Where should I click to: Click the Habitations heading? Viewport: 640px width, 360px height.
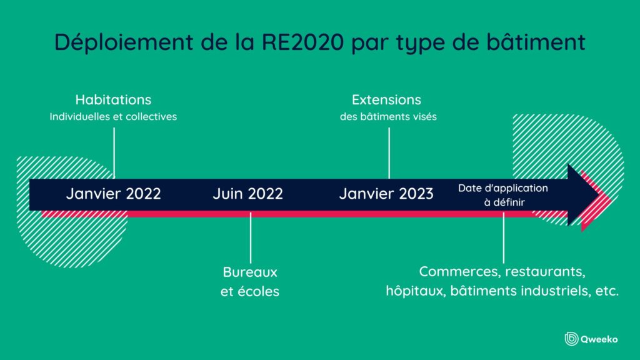(113, 100)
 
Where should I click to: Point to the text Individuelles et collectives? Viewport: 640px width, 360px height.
(113, 116)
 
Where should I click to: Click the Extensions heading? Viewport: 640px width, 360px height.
(386, 100)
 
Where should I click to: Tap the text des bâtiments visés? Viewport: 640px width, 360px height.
(387, 116)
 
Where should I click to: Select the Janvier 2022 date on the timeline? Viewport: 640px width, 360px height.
(113, 194)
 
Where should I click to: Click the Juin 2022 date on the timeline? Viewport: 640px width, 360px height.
(247, 194)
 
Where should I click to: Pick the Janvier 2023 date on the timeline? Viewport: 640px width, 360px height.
(386, 194)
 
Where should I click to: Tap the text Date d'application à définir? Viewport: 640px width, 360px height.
(503, 195)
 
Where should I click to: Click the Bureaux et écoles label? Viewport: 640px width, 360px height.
(250, 282)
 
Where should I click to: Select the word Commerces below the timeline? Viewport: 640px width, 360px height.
(459, 272)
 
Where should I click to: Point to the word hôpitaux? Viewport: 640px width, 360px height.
(414, 291)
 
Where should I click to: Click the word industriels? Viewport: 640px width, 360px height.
(554, 291)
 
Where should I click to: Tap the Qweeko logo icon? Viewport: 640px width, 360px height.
(571, 338)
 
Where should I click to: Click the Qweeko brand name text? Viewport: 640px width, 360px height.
(601, 339)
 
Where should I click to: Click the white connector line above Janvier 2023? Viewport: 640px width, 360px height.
(389, 153)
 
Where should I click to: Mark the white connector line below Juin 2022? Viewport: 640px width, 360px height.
(251, 237)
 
